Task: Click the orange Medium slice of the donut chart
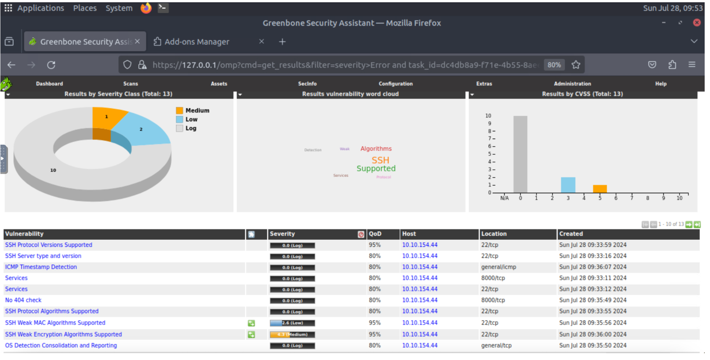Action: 107,118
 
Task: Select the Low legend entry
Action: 191,120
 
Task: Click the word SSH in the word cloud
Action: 380,160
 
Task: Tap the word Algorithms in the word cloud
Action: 376,149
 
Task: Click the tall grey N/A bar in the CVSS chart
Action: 520,154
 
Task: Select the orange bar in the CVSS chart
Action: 600,189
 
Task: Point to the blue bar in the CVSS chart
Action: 568,185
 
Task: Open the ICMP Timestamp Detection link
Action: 41,267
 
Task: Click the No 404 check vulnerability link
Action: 23,300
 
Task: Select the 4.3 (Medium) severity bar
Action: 292,334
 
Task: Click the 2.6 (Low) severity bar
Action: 292,323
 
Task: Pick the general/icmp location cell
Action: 498,267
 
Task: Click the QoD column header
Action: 375,234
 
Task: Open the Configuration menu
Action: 396,84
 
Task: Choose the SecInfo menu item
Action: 307,84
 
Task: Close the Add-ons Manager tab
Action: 261,42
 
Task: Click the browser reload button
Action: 51,65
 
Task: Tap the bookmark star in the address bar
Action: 576,65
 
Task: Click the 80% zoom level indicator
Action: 554,65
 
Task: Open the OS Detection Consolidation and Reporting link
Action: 61,346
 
